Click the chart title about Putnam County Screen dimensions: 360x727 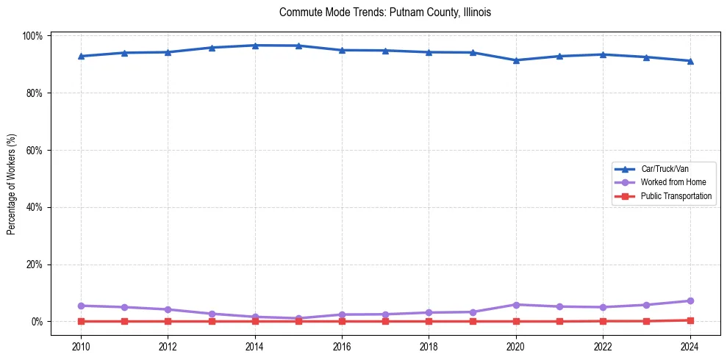coord(385,12)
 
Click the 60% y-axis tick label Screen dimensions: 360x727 coord(34,150)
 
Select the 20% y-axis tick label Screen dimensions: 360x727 coord(34,264)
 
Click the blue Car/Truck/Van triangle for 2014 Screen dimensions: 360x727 coord(255,46)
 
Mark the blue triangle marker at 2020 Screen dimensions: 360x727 coord(516,60)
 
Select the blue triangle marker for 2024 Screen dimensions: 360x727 coord(690,61)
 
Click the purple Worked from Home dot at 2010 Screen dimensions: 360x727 coord(81,306)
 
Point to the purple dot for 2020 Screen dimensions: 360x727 coord(516,305)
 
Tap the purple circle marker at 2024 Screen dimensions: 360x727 coord(690,301)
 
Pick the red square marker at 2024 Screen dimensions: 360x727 coord(690,320)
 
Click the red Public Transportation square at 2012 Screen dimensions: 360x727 coord(168,321)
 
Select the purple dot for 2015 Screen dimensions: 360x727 coord(298,318)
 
